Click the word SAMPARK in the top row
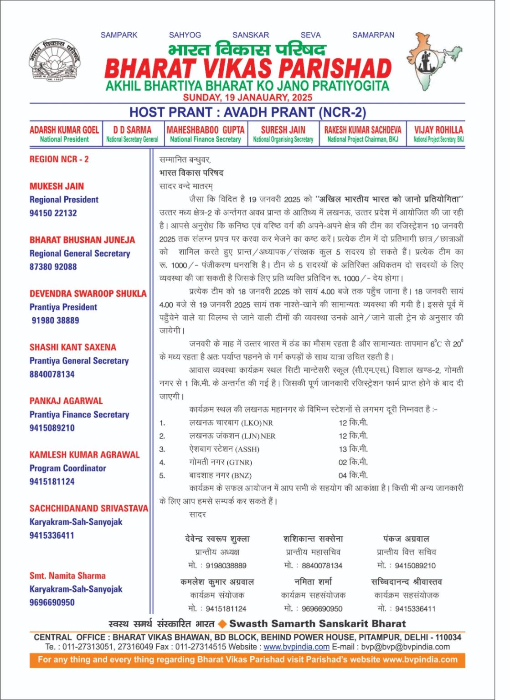[118, 35]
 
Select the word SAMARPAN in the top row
[373, 35]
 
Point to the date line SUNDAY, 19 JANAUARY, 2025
[247, 97]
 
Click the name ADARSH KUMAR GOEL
[64, 130]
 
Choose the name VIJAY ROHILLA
[438, 130]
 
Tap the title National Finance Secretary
[205, 139]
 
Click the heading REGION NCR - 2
[59, 160]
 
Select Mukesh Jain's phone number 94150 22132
[53, 213]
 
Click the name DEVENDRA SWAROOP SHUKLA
[88, 293]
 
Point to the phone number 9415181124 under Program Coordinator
[52, 481]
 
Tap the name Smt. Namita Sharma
[67, 576]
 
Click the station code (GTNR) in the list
[239, 463]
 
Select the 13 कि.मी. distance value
[353, 449]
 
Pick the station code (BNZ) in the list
[242, 476]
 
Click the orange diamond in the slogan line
[222, 624]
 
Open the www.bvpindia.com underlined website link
[296, 647]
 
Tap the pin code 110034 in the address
[448, 637]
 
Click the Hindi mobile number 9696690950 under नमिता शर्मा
[322, 608]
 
